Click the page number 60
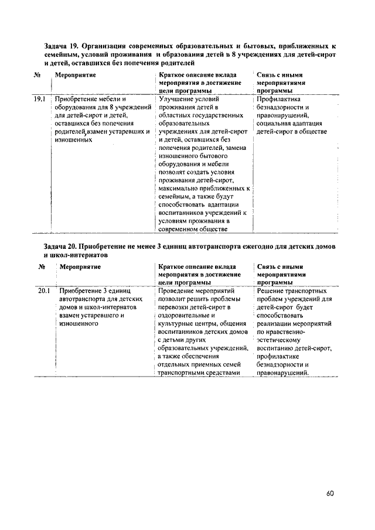coord(330,493)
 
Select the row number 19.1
coord(39,100)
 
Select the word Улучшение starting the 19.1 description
coord(179,100)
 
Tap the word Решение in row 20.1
coord(273,290)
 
